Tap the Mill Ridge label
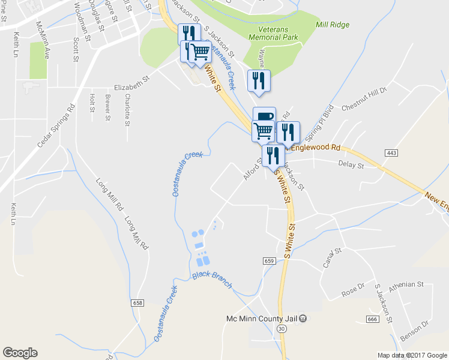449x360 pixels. [x=333, y=25]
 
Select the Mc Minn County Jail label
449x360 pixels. [x=262, y=318]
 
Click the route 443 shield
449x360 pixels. [x=391, y=154]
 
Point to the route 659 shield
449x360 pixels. [x=268, y=260]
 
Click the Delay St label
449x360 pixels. [x=351, y=163]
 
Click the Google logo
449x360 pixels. [x=20, y=353]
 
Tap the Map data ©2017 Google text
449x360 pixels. [x=412, y=355]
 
